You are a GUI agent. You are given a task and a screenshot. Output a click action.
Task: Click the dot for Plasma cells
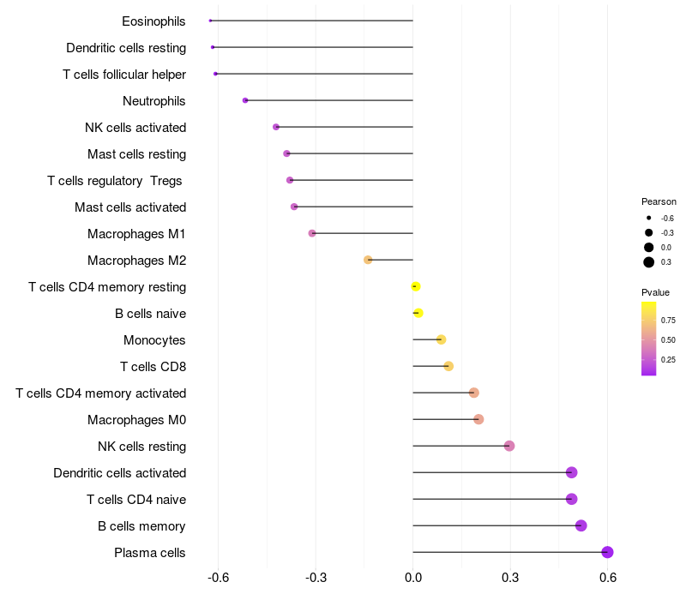point(607,552)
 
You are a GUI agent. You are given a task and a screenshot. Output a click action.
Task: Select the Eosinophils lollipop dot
point(210,21)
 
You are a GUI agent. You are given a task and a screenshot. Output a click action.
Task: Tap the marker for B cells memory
point(581,525)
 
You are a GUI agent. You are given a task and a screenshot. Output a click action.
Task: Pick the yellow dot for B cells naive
point(418,313)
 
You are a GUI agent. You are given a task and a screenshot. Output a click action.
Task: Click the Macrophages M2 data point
point(368,260)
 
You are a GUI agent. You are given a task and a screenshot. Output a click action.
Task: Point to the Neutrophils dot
point(245,100)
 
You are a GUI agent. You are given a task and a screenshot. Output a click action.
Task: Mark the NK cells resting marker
point(509,446)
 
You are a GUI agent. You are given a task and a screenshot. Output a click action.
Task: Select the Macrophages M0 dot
point(478,419)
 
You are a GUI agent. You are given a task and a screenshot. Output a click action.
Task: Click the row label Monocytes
point(154,340)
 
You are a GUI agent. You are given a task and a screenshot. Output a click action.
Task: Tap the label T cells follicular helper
point(124,75)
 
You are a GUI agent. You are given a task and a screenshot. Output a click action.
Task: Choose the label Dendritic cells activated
point(119,473)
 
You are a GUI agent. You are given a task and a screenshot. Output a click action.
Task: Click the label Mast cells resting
point(136,154)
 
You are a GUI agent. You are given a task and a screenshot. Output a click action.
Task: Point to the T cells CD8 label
point(153,367)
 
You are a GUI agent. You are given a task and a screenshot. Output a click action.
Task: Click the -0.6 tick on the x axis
point(218,579)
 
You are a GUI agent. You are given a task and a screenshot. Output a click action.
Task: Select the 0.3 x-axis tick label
point(510,579)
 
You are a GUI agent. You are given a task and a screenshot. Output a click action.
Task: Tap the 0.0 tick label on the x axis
point(412,579)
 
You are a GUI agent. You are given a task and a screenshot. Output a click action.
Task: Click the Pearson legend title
point(659,201)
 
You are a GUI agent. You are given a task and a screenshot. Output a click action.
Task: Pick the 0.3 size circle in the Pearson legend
point(649,262)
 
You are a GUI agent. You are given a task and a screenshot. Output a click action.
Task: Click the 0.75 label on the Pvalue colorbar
point(668,321)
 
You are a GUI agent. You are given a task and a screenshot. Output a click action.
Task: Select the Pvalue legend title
point(655,292)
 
